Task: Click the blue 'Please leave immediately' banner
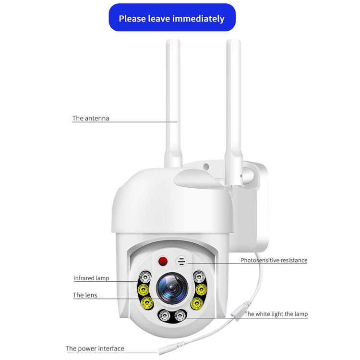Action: coord(171,18)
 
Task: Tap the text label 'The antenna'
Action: coord(91,118)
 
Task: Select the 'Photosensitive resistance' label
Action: coord(274,260)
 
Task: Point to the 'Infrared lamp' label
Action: coord(91,278)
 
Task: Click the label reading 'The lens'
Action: coord(85,295)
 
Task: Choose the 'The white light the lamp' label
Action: coord(276,314)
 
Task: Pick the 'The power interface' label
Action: coord(95,348)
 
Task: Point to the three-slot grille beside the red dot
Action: coord(181,262)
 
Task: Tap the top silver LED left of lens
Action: coord(145,276)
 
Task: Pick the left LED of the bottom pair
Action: coord(165,315)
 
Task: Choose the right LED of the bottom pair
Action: coord(180,315)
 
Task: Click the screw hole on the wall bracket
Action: coord(206,167)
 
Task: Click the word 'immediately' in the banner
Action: coord(199,19)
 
